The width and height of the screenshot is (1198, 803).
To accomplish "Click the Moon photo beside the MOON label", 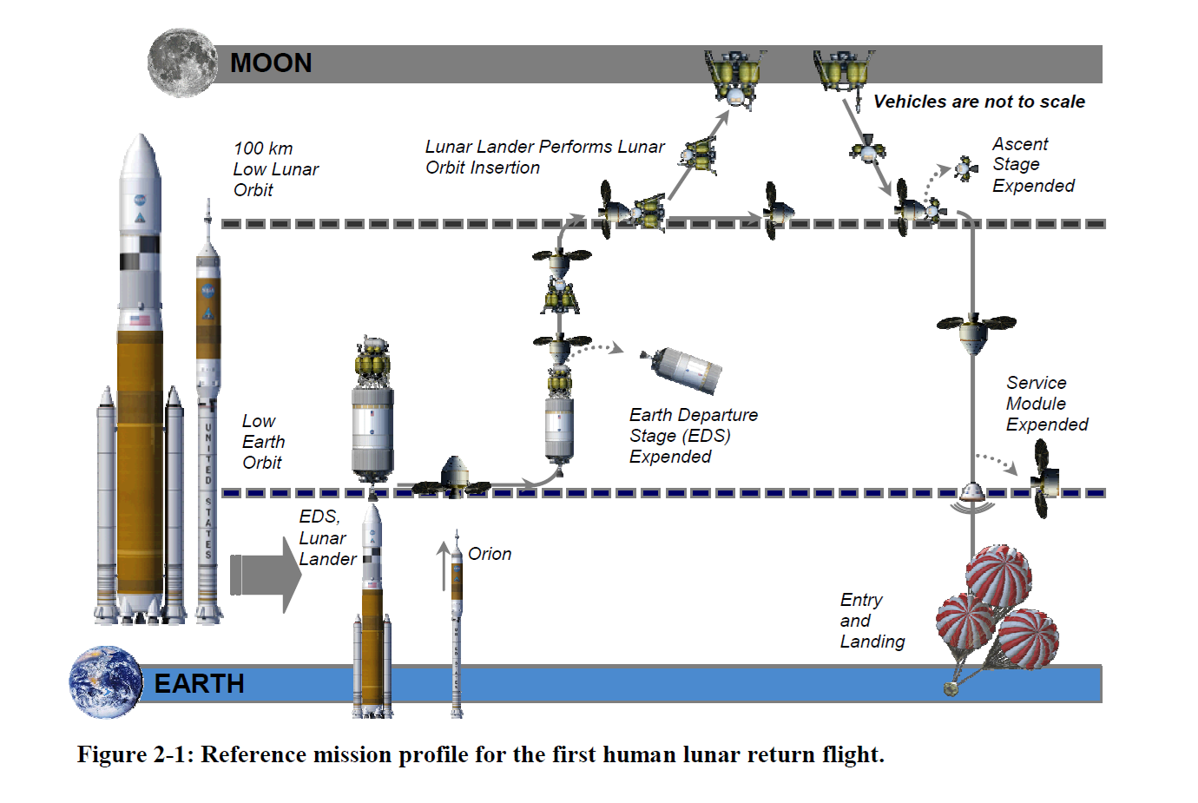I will pos(182,63).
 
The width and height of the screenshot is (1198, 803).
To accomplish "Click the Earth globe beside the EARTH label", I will pos(106,682).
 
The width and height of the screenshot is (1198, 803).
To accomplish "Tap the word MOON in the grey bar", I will pos(271,63).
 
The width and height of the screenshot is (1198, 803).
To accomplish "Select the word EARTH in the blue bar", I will pos(199,684).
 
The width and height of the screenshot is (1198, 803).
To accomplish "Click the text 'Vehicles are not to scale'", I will pos(978,102).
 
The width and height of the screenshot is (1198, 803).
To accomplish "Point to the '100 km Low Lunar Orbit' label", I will pos(275,169).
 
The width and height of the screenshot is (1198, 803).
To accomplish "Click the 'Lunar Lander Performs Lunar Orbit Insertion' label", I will pos(544,157).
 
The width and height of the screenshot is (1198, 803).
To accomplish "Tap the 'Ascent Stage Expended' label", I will pos(1032,165).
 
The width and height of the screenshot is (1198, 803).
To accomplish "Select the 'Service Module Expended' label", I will pos(1046,404).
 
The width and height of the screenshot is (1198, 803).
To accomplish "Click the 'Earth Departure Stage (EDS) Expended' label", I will pos(693,436).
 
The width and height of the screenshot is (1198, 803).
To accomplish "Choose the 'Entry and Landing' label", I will pos(872,621).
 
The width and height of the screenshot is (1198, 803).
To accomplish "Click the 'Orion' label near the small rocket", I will pos(490,554).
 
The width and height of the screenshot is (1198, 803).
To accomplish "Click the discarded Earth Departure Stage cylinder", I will pos(687,369).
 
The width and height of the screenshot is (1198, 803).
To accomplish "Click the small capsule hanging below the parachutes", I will pos(951,689).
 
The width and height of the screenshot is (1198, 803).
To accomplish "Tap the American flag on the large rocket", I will pos(140,319).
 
